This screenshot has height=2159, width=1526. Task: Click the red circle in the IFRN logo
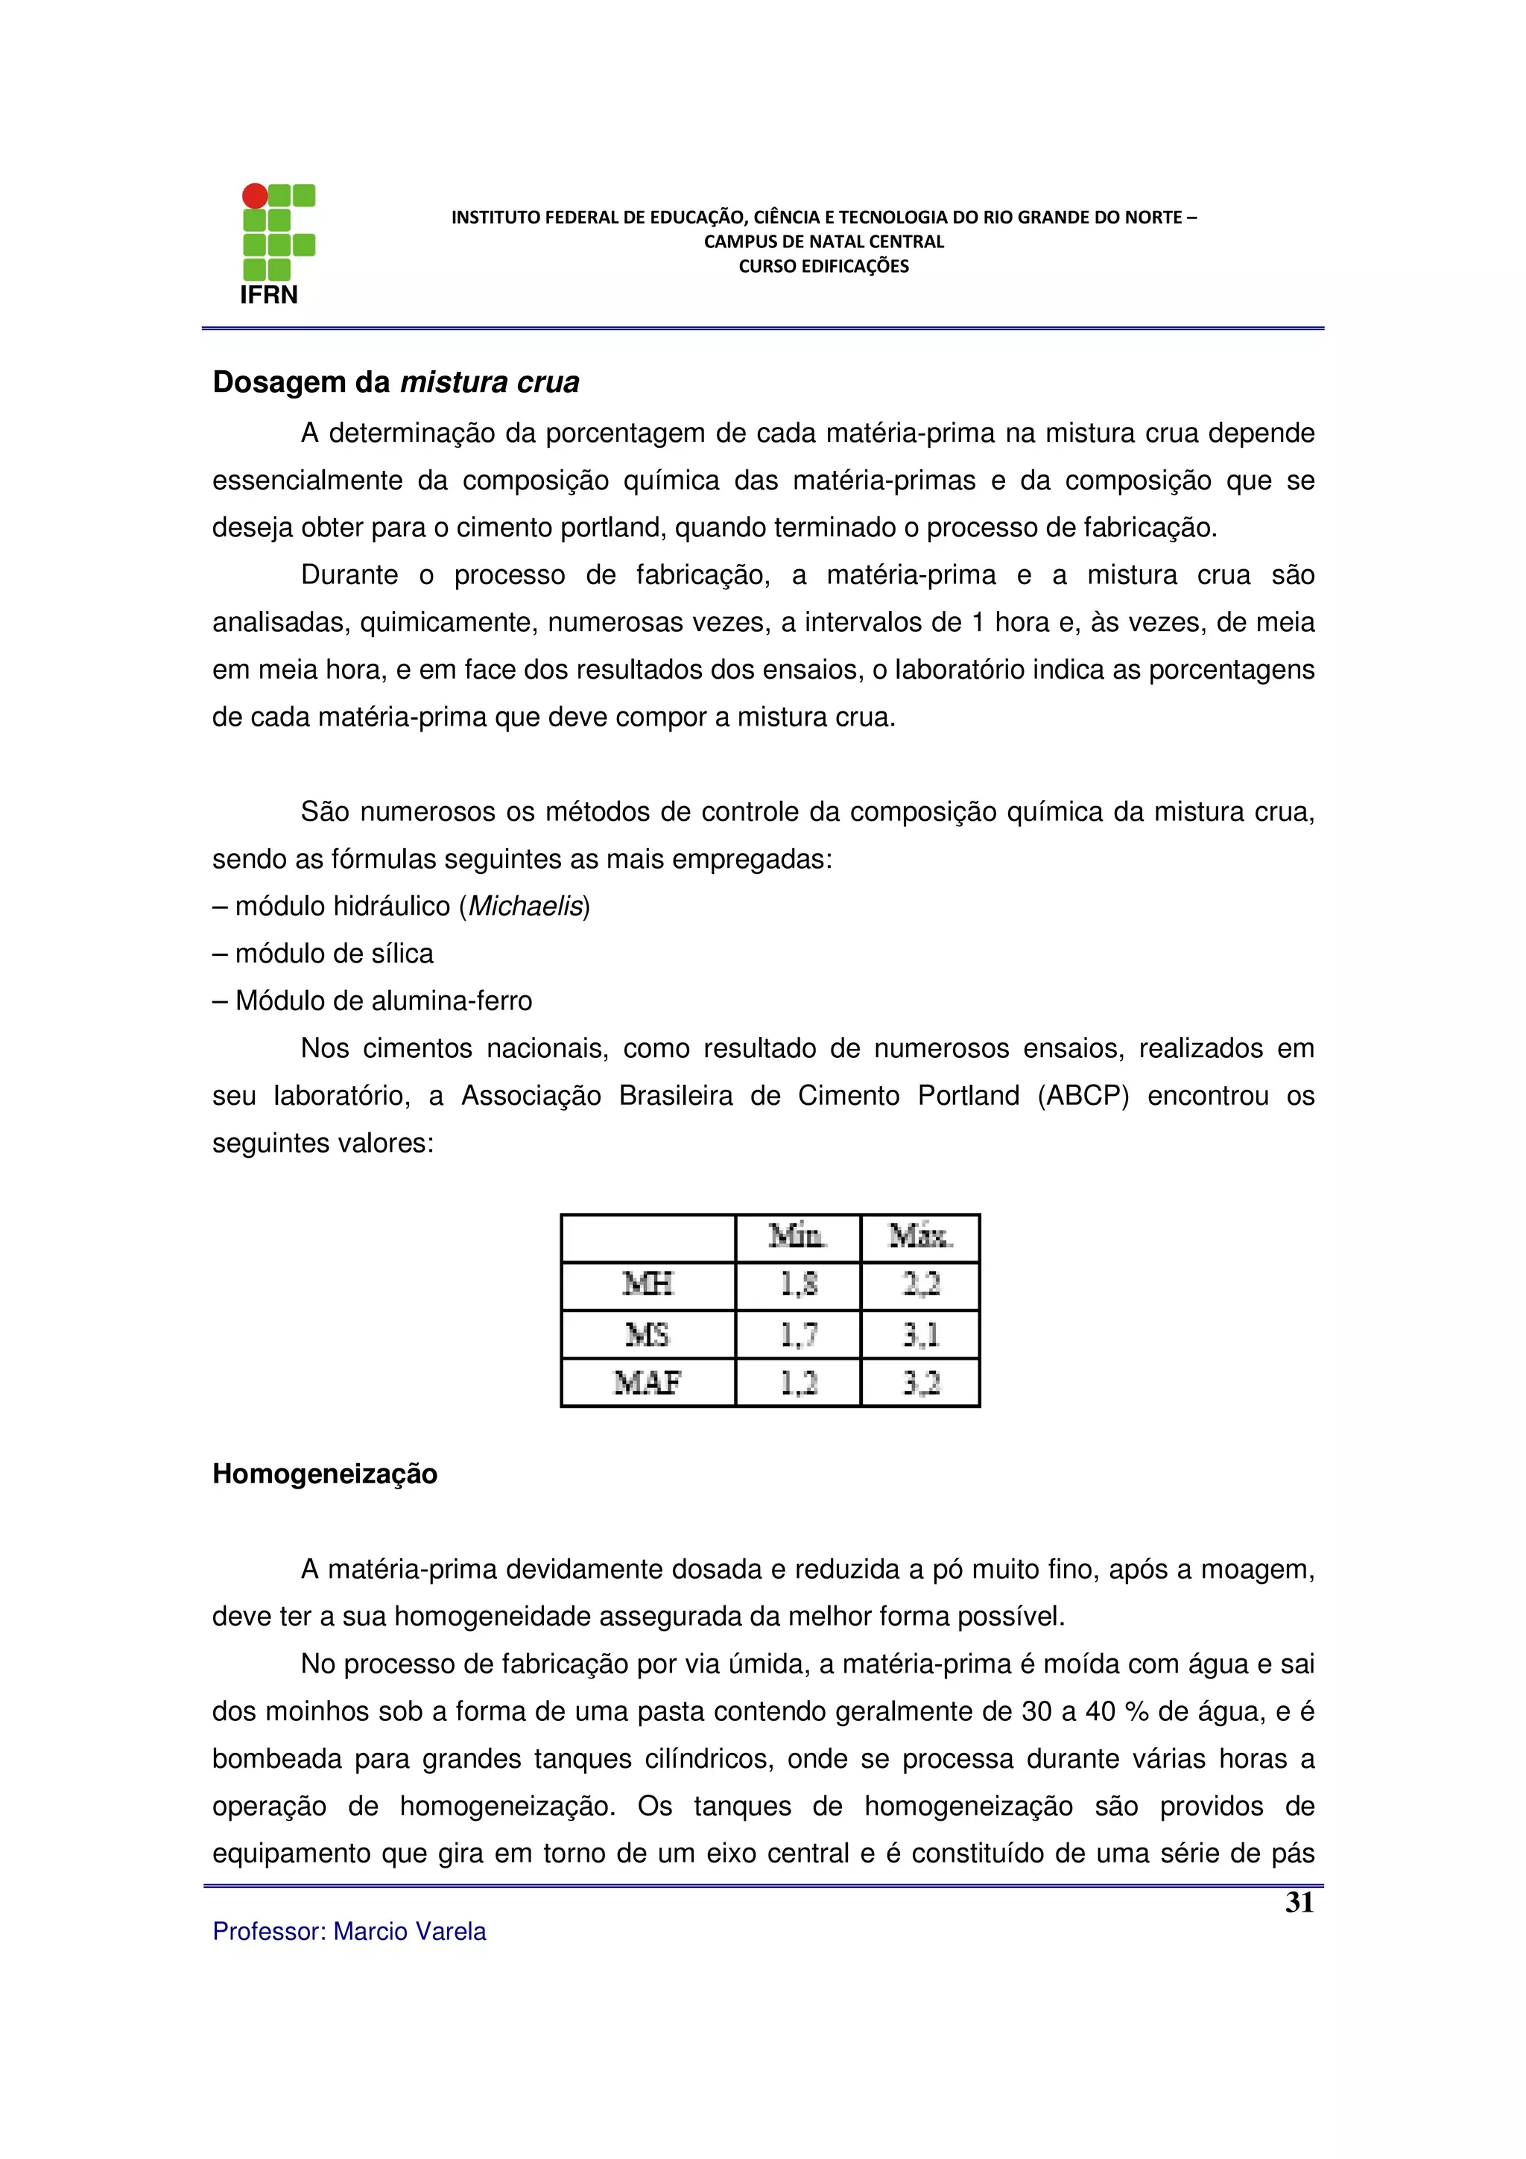pyautogui.click(x=255, y=196)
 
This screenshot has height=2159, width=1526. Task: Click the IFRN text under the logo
pyautogui.click(x=269, y=295)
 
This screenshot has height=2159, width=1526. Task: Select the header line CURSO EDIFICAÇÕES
pyautogui.click(x=823, y=266)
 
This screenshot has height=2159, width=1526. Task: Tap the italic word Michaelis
pyautogui.click(x=525, y=907)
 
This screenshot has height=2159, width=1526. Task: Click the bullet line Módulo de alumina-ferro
pyautogui.click(x=373, y=1001)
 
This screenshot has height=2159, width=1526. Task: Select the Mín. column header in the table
pyautogui.click(x=797, y=1237)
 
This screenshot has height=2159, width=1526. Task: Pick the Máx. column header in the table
pyautogui.click(x=920, y=1237)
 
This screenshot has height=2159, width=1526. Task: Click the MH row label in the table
pyautogui.click(x=648, y=1284)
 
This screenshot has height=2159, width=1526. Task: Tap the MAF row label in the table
pyautogui.click(x=648, y=1382)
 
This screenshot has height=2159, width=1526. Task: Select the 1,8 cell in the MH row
pyautogui.click(x=798, y=1284)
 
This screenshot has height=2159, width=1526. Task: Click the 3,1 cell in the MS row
pyautogui.click(x=920, y=1334)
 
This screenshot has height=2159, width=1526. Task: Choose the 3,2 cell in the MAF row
pyautogui.click(x=920, y=1382)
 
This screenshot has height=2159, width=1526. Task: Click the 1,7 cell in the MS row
pyautogui.click(x=798, y=1334)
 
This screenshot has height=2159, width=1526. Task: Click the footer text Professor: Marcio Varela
pyautogui.click(x=349, y=1932)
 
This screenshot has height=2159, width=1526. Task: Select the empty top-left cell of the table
pyautogui.click(x=648, y=1237)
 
